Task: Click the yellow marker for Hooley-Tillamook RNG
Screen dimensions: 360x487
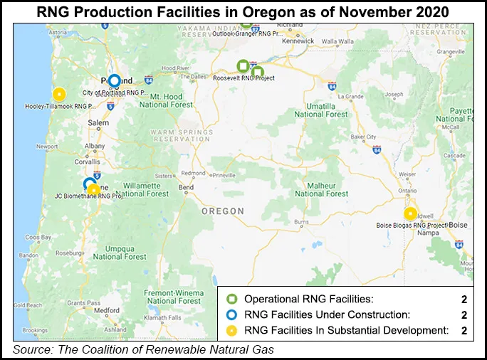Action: click(x=59, y=93)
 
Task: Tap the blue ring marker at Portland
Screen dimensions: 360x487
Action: click(x=114, y=80)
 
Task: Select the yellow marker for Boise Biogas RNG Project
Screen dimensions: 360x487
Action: click(x=410, y=213)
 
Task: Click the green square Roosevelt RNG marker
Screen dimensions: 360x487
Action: click(x=243, y=66)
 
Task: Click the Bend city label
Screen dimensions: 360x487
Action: click(x=186, y=187)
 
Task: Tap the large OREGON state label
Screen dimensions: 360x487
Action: click(x=222, y=211)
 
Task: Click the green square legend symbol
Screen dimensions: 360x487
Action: click(x=231, y=300)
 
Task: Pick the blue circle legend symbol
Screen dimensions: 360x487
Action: click(x=231, y=314)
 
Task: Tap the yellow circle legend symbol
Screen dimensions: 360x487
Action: click(x=231, y=329)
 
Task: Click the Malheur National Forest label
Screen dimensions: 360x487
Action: click(x=321, y=189)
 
